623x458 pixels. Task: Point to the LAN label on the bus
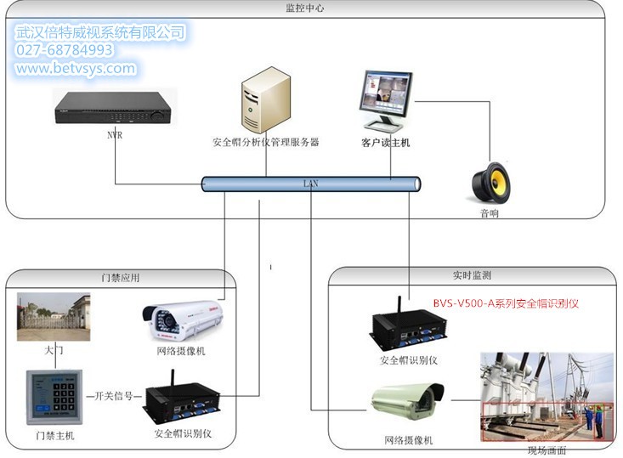pos(311,184)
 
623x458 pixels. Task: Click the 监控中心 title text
pos(305,8)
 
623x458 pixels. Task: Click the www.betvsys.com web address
pos(75,69)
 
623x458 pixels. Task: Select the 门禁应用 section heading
pos(120,278)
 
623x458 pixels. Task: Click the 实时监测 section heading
pos(472,275)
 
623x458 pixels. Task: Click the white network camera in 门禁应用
pos(183,320)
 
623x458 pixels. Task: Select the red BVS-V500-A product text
pos(505,303)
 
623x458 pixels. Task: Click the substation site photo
pos(546,399)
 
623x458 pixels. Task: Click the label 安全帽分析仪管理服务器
pos(265,143)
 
